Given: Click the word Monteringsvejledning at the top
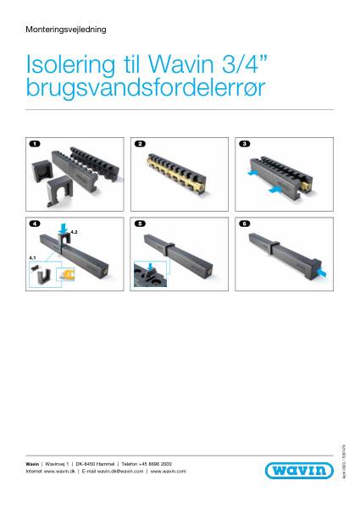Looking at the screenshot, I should pos(66,29).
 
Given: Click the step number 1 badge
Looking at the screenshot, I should pos(34,145).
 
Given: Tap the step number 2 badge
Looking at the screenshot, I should pos(140,145).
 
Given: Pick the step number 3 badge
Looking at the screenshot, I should pos(245,145).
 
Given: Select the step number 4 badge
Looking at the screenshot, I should pos(34,224).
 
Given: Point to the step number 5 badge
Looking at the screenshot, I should pos(140,224).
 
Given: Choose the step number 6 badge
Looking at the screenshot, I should pos(245,224).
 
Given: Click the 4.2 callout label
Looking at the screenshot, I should pos(73,230).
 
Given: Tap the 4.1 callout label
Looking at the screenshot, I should pos(32,254).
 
